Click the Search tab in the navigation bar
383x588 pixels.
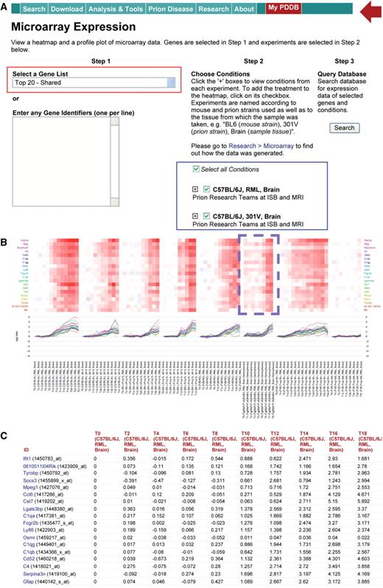pyautogui.click(x=33, y=9)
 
